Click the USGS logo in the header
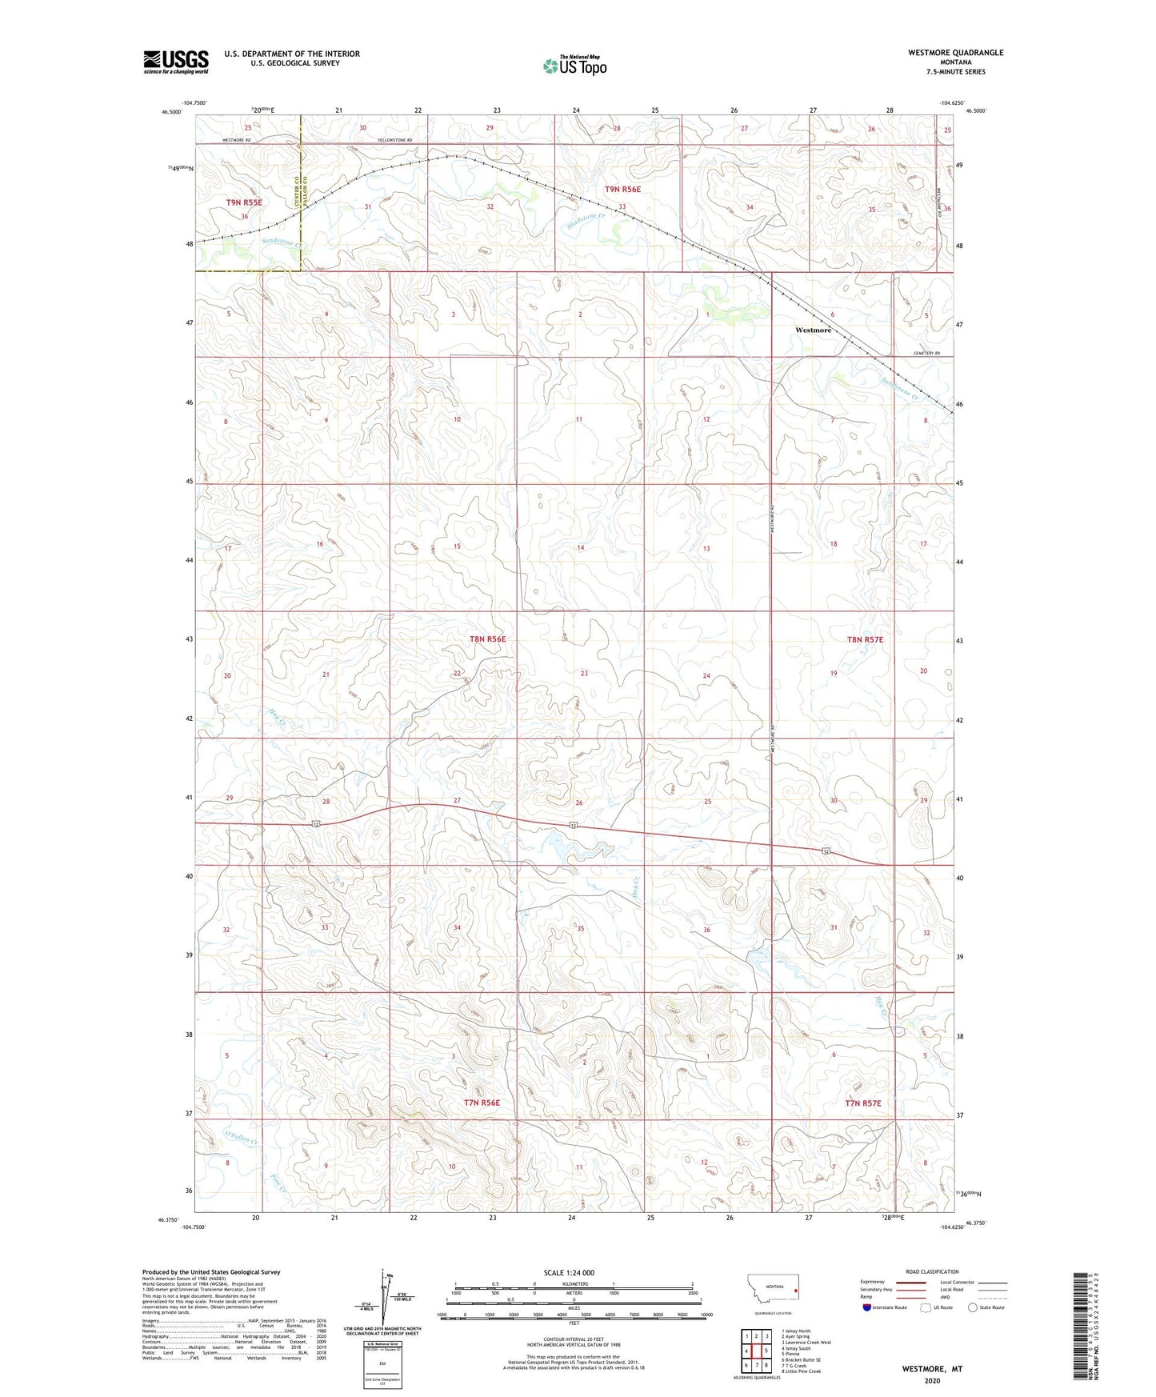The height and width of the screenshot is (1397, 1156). click(176, 61)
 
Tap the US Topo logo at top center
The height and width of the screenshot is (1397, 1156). click(574, 66)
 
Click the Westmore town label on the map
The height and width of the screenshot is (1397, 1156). click(813, 330)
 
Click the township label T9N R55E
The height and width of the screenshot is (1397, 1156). click(244, 202)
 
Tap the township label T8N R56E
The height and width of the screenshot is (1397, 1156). click(487, 639)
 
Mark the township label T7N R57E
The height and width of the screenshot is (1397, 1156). click(862, 1103)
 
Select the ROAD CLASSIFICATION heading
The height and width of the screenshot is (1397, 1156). click(932, 1271)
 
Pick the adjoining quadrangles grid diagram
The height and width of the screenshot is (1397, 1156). click(755, 1352)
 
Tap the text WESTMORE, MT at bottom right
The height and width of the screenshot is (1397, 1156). click(932, 1368)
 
